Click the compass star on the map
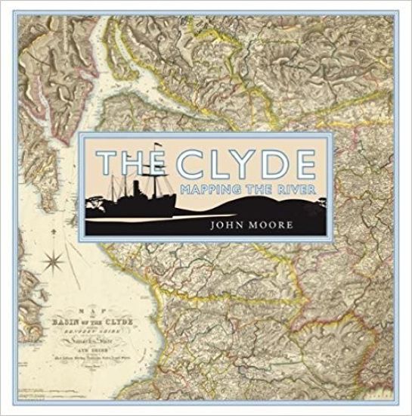coord(54,264)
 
